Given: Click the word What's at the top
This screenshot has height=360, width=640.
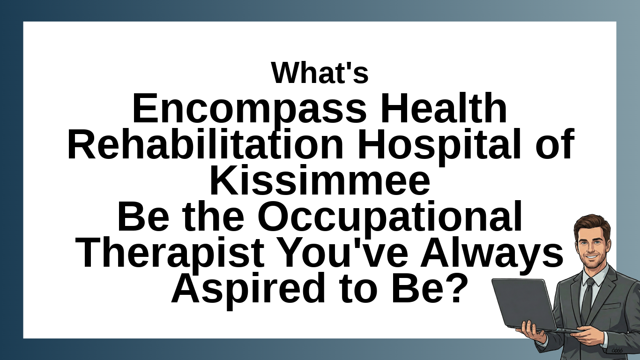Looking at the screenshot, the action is (320, 73).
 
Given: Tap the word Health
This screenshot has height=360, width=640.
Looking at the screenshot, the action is (443, 108).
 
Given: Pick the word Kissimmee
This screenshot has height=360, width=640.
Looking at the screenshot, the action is (320, 180).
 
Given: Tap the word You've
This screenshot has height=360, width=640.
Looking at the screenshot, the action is (343, 252).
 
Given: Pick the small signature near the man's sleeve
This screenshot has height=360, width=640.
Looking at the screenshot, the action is (617, 350).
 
